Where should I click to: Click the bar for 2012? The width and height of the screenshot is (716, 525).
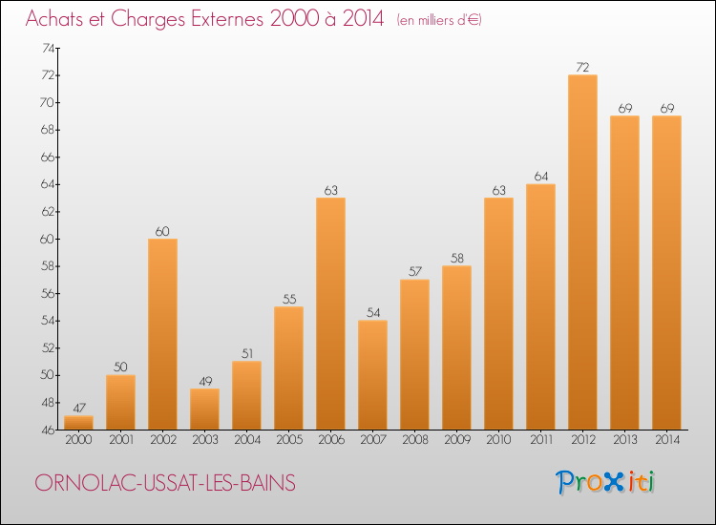point(582,252)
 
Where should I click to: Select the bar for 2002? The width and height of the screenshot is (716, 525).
point(162,334)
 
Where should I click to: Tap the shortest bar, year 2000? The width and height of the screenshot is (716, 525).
point(78,423)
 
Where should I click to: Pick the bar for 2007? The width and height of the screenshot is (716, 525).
point(372,374)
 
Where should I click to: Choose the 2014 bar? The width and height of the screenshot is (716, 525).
point(666,272)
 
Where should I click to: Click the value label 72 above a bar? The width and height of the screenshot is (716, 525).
point(582,68)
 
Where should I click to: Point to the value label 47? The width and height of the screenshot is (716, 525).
point(78,409)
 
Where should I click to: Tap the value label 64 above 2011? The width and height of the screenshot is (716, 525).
point(540,177)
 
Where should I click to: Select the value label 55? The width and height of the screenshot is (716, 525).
point(288,300)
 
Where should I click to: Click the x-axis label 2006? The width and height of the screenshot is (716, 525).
point(330,441)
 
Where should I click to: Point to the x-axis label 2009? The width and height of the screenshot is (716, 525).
point(456,441)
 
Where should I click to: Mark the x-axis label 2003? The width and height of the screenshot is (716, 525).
point(204,441)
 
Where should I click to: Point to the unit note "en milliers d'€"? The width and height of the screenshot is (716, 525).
point(439,20)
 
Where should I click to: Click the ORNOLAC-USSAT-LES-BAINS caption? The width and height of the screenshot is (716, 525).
point(164,483)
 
